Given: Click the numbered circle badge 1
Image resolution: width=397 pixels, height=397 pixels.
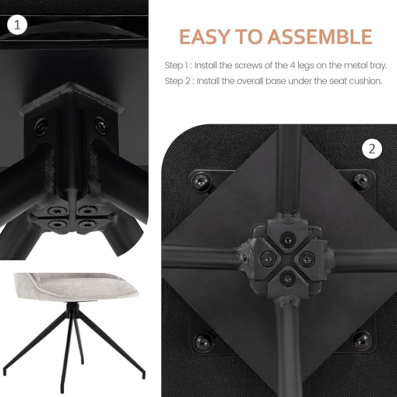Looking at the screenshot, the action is point(17,25).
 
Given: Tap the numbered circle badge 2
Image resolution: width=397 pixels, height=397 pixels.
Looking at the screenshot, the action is point(372,149).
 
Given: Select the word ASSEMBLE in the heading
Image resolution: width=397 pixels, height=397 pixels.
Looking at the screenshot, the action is point(320,37).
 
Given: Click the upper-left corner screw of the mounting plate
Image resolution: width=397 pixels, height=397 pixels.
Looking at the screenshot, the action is point(201,181).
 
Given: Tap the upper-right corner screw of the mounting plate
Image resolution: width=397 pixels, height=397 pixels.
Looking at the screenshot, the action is point(361,181).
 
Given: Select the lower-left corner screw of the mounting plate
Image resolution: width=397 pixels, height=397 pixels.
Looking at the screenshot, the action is point(203,342).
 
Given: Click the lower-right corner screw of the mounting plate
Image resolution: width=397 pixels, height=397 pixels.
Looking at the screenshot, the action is point(362,340).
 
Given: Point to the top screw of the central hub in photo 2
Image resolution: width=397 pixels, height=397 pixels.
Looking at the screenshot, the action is point(288,239).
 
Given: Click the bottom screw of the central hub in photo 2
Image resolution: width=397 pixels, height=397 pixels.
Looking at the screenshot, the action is point(288,278).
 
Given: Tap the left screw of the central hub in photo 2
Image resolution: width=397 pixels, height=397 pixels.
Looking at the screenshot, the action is point(268,258).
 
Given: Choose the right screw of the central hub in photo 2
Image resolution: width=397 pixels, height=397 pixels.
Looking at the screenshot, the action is point(307,259).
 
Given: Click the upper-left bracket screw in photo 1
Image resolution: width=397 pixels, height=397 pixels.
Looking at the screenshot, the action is point(42,126).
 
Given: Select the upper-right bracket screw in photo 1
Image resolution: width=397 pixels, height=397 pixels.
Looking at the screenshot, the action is point(101,126).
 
